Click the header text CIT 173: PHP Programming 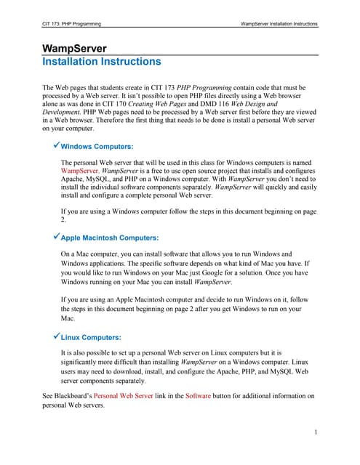pos(72,25)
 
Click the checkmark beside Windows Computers pos(57,146)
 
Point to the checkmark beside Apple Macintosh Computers pos(57,237)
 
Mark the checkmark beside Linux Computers pos(57,336)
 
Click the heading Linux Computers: pos(91,337)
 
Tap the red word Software pos(199,396)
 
